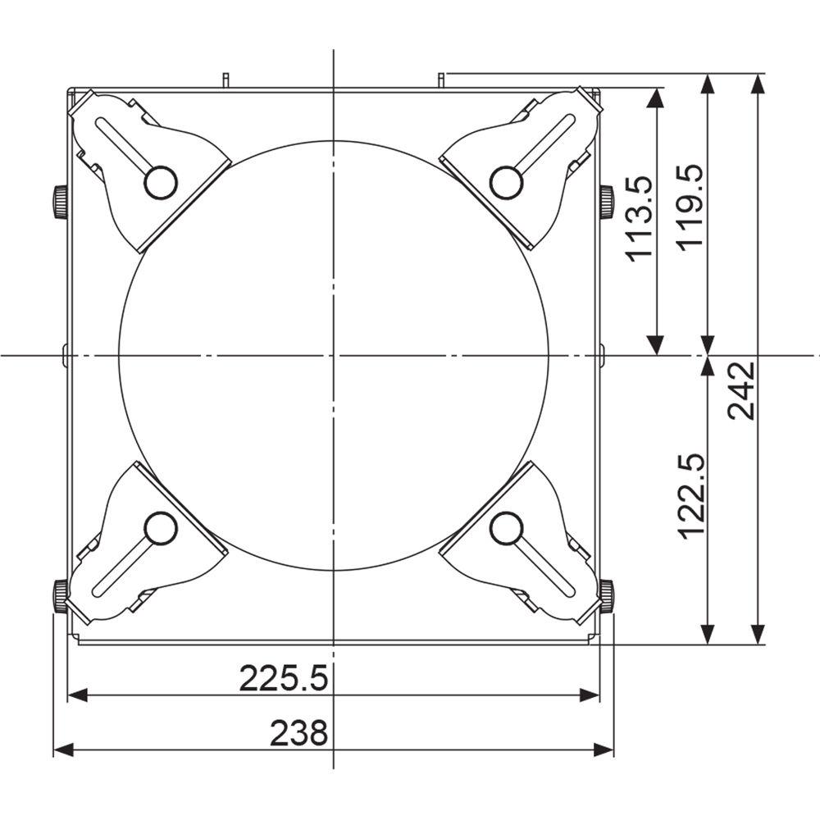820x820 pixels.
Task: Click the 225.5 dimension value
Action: point(284,678)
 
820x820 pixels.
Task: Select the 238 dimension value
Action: point(299,732)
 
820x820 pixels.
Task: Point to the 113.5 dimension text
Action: point(639,217)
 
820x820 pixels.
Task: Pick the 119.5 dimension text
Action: point(689,207)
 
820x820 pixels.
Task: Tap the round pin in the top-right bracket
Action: point(506,181)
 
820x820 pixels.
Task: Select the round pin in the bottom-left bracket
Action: point(161,528)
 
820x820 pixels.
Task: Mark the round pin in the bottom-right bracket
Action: point(506,528)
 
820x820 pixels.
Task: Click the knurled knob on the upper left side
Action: point(60,202)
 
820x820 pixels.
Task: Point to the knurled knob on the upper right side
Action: point(606,202)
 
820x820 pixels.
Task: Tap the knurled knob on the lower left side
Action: point(60,594)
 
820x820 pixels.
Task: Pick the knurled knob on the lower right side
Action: point(606,594)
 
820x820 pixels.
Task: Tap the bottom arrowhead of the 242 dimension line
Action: point(758,635)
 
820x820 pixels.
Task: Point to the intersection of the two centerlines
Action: point(334,355)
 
